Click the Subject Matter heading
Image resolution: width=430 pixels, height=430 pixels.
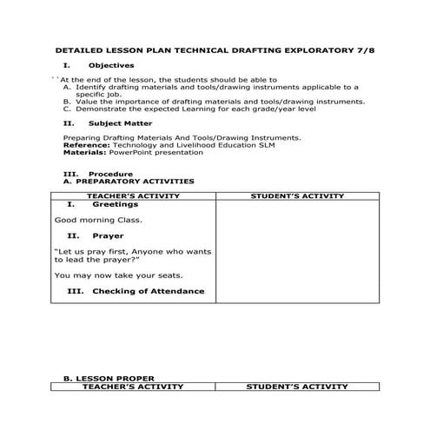pyautogui.click(x=119, y=123)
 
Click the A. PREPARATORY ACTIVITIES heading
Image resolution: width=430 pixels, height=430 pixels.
pyautogui.click(x=129, y=181)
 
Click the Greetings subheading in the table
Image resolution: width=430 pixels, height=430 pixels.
pyautogui.click(x=116, y=205)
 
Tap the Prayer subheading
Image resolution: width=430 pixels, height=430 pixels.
pyautogui.click(x=108, y=235)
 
